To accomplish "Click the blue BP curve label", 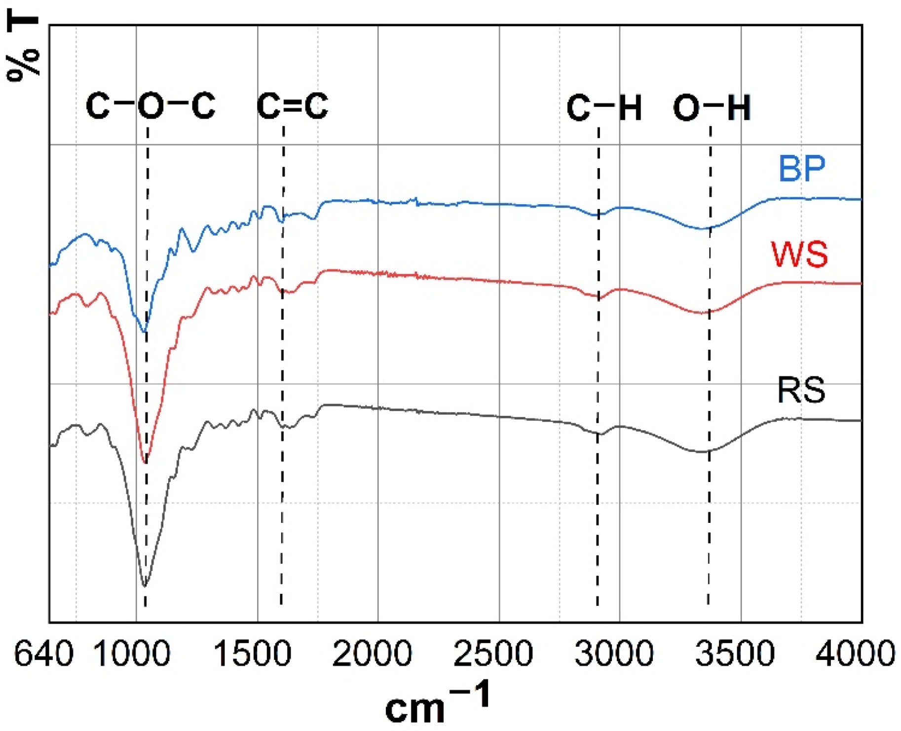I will click(801, 169).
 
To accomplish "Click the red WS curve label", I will click(799, 255).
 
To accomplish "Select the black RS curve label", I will click(801, 390).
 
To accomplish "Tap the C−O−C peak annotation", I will click(150, 106).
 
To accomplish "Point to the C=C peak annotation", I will click(292, 106).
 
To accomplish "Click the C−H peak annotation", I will click(604, 108).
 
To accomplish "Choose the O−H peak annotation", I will click(712, 108).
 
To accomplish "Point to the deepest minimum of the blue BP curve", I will click(145, 332).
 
